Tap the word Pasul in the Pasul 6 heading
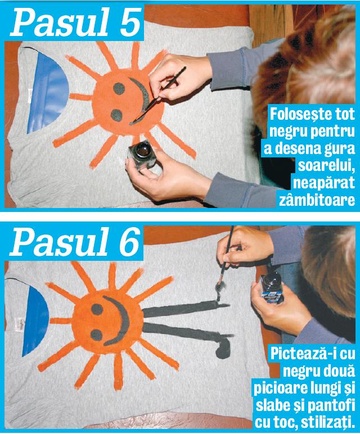click(55, 242)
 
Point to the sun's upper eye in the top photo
click(120, 88)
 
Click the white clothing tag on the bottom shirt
click(12, 326)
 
